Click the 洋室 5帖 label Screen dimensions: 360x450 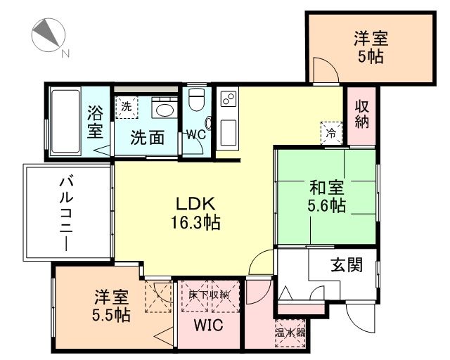(371, 48)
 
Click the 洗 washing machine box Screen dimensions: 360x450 (127, 108)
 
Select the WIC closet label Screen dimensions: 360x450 (208, 326)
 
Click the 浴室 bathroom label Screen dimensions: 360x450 (96, 121)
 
